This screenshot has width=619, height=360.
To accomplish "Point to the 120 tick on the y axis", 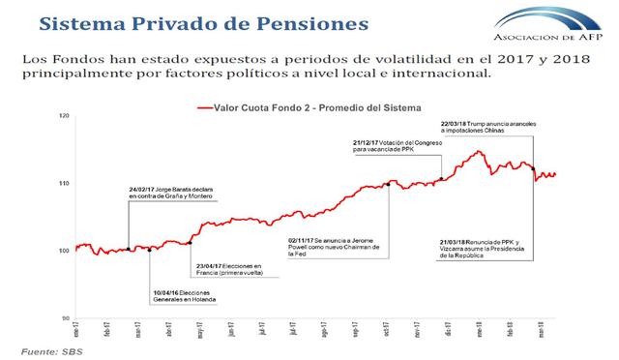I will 65,117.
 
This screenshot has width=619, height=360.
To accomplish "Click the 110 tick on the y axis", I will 65,184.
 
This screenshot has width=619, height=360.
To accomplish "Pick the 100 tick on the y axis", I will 65,251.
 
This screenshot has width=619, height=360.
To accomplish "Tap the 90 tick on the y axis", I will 66,317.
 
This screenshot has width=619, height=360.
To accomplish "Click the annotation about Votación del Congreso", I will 398,147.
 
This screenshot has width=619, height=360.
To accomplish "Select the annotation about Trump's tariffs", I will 483,128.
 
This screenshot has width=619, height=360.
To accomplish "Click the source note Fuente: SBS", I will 51,350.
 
